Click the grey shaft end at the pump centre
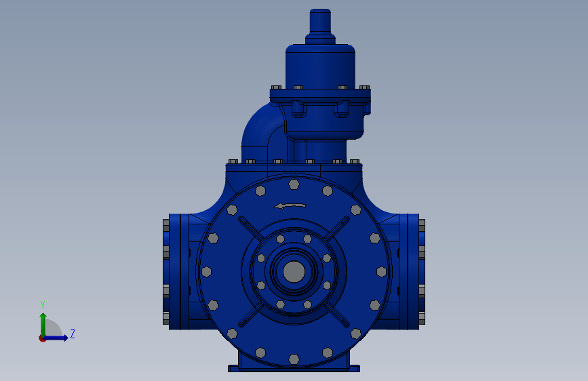(294, 272)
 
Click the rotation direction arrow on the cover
(290, 205)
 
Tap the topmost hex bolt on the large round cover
(294, 184)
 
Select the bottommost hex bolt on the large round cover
(294, 359)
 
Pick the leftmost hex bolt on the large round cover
(207, 272)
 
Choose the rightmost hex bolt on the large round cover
(381, 272)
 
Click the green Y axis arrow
(43, 325)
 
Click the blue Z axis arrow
(56, 338)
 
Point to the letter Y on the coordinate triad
(43, 305)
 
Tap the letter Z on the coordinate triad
(73, 334)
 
